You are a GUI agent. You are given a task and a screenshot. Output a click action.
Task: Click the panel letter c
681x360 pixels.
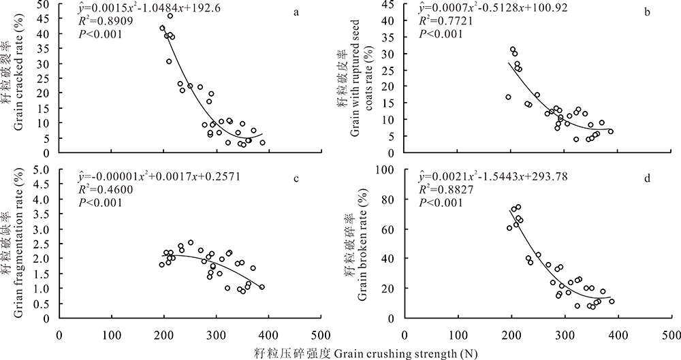[x=296, y=179]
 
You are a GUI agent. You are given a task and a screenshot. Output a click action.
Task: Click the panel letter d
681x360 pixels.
[x=646, y=179]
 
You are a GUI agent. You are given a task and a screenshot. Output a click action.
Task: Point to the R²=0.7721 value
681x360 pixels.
[x=442, y=22]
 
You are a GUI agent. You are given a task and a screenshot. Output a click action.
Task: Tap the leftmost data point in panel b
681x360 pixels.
[x=508, y=97]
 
